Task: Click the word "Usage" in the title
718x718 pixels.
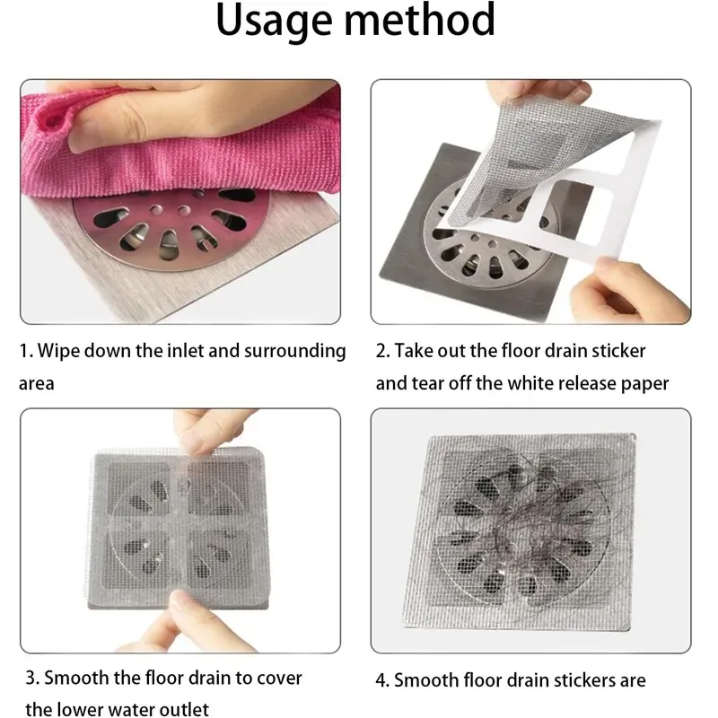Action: click(274, 22)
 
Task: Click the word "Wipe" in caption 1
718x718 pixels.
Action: click(58, 351)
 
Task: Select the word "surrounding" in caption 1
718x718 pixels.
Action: click(295, 352)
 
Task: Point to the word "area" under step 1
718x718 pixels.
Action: click(37, 384)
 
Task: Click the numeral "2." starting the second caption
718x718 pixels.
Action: click(382, 351)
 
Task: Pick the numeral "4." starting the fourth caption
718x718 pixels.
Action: click(382, 680)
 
